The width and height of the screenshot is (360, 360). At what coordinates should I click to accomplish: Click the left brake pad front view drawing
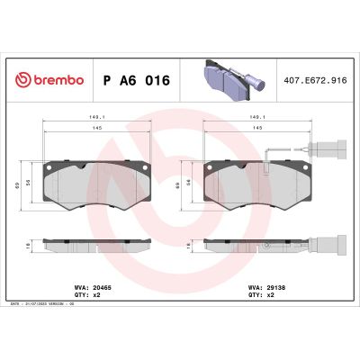94,185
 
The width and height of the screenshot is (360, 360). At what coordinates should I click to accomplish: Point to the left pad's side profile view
94,243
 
